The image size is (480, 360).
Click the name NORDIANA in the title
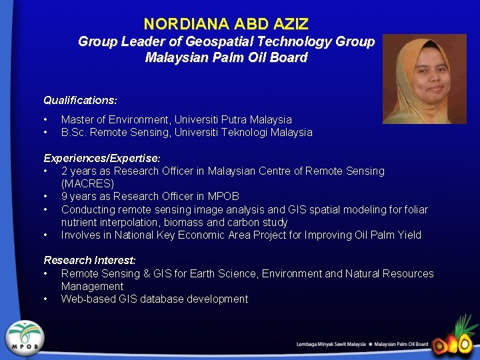(176, 25)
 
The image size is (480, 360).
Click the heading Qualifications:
(80, 100)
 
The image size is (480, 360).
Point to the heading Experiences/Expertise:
(101, 159)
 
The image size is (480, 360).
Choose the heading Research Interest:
(89, 260)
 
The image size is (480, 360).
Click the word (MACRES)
(87, 183)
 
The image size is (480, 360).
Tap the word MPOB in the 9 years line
(223, 196)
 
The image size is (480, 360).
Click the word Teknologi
(244, 132)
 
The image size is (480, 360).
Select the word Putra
(236, 119)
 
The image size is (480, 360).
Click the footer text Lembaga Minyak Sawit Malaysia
(331, 345)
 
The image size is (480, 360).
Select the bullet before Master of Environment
(45, 119)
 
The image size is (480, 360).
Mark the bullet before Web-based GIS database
(45, 299)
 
